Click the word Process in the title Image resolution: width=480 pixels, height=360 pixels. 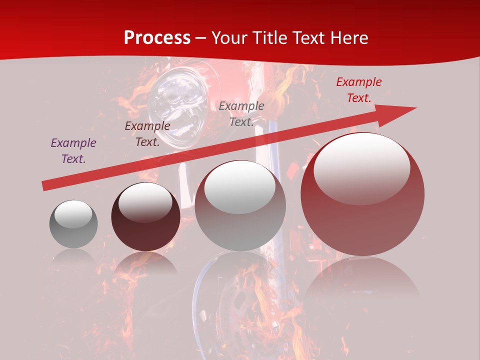[157, 38]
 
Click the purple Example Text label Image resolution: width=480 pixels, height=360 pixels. [73, 151]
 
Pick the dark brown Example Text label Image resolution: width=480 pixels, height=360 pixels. [147, 134]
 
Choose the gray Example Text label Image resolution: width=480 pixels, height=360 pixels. [241, 114]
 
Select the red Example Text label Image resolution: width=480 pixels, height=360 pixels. [359, 90]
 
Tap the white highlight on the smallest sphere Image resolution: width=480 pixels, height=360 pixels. [73, 214]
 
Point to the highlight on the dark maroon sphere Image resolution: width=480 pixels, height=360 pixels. [145, 202]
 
